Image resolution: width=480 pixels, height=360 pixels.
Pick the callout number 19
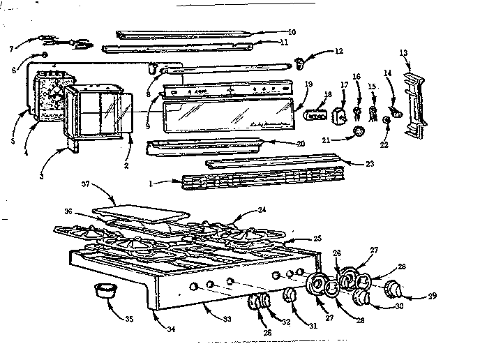coord(308,83)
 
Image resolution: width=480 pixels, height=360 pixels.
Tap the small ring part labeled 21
coord(359,132)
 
